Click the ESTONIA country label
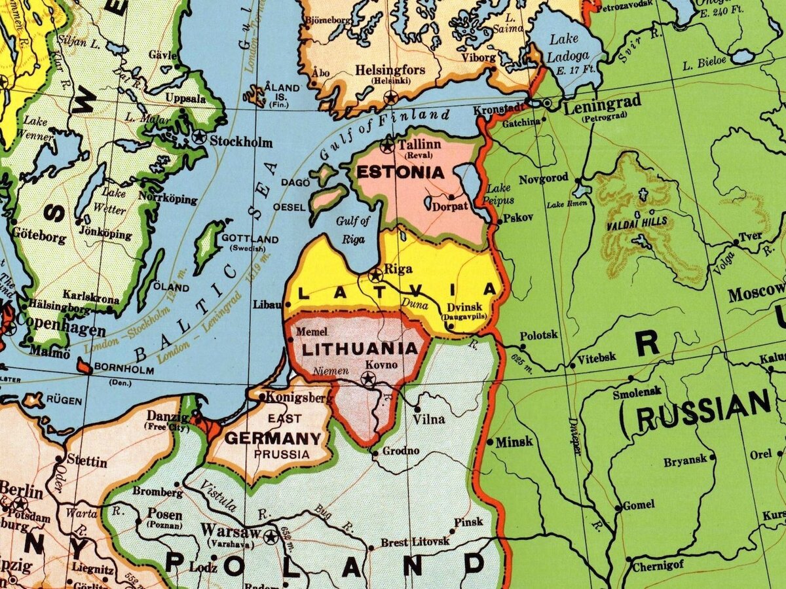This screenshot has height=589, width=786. click(400, 173)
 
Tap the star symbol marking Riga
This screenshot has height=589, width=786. click(375, 275)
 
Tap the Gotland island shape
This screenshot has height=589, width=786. click(209, 247)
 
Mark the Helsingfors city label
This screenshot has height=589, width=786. click(390, 70)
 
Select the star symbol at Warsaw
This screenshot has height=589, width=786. click(270, 537)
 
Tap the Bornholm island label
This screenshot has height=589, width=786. click(124, 370)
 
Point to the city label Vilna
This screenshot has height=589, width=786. click(429, 419)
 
